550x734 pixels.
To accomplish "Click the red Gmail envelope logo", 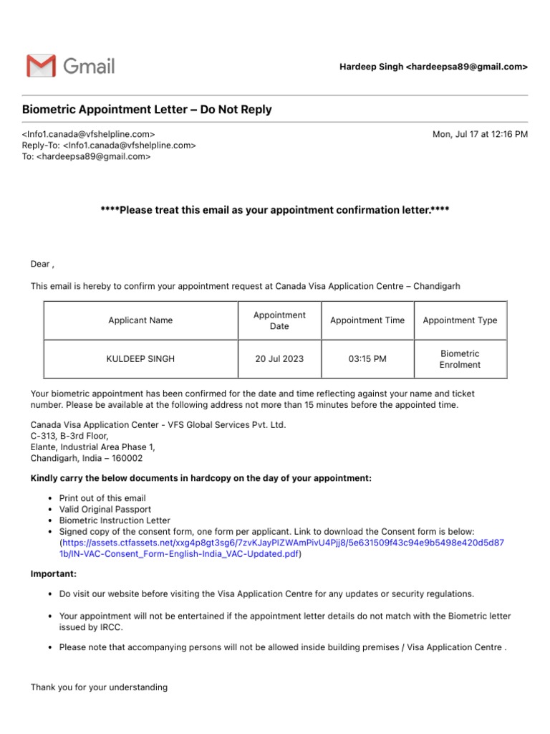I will [40, 66].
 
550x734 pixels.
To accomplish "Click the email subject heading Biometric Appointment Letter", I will [147, 110].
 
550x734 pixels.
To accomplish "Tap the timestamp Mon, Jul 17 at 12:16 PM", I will [480, 134].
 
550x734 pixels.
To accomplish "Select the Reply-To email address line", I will [109, 145].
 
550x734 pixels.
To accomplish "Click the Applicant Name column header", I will [140, 320].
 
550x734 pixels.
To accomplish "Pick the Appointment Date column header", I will [279, 320].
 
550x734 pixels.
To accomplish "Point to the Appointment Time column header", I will [367, 320].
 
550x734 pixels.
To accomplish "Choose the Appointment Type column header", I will [460, 320].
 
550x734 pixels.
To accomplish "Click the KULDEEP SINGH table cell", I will [140, 358].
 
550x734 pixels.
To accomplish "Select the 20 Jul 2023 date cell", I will [279, 358].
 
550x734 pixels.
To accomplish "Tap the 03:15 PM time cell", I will [367, 358].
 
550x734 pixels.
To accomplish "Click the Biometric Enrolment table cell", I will [460, 359].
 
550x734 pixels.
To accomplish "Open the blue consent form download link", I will [281, 548].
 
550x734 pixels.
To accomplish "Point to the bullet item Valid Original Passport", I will [106, 509].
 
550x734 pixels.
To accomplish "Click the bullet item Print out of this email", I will [102, 498].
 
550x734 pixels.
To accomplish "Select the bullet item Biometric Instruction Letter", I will [115, 520].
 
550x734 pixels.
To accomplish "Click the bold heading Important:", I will [54, 574].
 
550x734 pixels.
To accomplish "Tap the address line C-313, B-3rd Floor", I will [69, 436].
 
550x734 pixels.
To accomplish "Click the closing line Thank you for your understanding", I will [99, 687].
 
